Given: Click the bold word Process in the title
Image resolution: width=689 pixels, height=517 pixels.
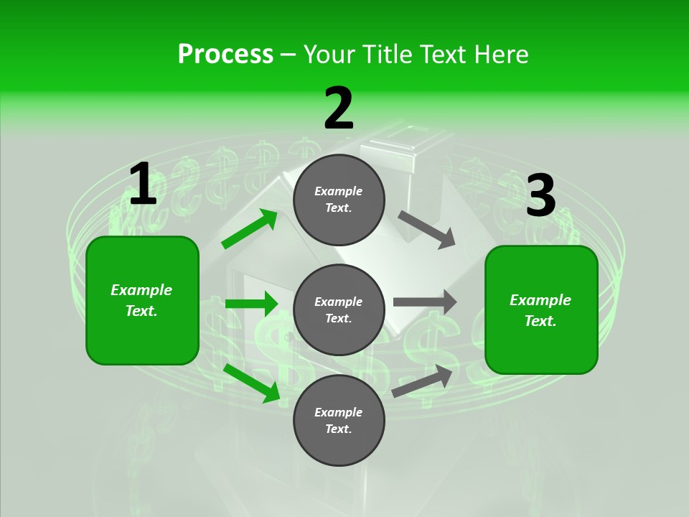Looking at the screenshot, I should pos(225,54).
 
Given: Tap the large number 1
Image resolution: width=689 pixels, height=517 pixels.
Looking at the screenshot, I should pos(143,185).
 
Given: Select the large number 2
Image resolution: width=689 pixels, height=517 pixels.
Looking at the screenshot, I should pos(339,109).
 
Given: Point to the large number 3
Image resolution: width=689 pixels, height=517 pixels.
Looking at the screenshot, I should pos(540,196).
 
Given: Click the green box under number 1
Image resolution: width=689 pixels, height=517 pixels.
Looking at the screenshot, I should pos(142,300).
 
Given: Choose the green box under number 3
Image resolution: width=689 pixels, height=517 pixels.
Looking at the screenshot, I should pos(541,309).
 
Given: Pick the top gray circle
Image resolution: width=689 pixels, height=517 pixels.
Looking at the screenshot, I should pos(339,200).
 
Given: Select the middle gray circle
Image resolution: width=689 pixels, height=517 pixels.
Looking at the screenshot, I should pos(339,309).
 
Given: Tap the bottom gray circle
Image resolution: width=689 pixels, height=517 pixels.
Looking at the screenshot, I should pos(339,420).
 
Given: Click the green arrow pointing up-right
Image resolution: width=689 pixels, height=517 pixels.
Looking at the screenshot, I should pos(250,229).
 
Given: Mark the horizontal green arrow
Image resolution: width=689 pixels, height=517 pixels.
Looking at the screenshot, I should pos(251,304).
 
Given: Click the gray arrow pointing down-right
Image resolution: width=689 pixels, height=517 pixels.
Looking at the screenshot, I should pos(427,229).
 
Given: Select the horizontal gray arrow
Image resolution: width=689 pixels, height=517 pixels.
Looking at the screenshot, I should pos(425,302).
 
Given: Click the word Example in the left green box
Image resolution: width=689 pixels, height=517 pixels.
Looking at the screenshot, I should pos(141,290).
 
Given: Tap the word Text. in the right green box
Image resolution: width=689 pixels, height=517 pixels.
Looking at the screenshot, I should pos(540,321).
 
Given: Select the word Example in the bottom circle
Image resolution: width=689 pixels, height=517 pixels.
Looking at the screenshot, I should pos(339,412).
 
